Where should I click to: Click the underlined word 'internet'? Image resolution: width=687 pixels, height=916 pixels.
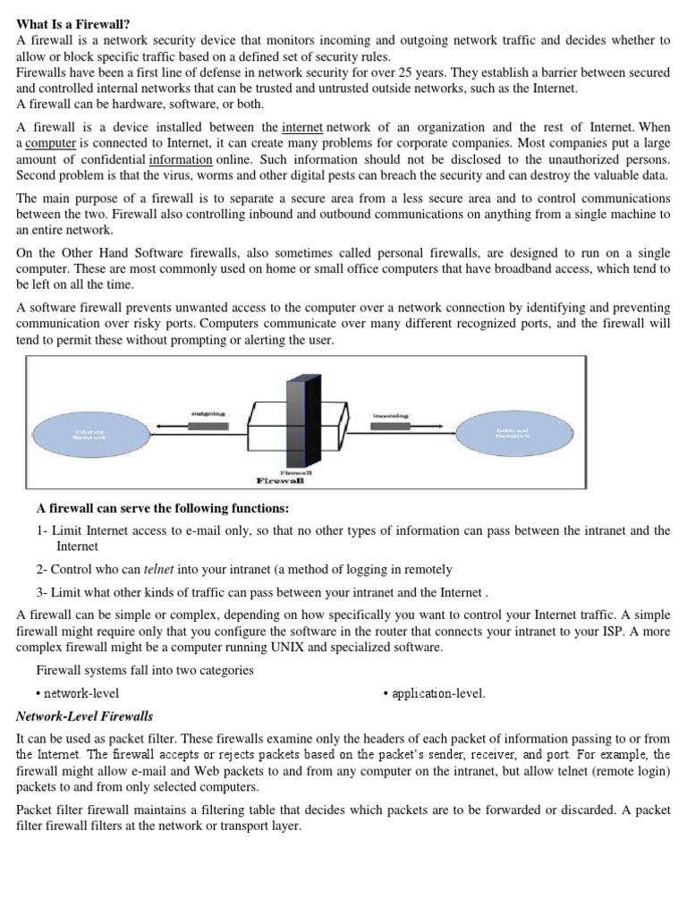click(302, 127)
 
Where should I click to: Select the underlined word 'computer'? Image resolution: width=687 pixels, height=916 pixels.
click(51, 143)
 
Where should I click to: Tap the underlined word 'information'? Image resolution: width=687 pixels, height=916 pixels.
click(181, 159)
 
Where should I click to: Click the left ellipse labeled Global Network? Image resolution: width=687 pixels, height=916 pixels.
click(89, 434)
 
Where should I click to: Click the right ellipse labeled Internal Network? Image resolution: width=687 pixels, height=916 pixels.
click(513, 433)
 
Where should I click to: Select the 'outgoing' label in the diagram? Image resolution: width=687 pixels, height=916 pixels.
click(208, 413)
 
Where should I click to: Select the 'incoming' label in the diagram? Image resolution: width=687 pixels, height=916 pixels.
click(391, 415)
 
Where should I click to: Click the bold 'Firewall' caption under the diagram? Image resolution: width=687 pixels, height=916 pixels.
click(280, 480)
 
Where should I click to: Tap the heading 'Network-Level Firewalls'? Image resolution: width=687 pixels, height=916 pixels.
click(85, 717)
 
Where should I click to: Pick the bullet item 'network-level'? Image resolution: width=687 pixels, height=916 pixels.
click(78, 693)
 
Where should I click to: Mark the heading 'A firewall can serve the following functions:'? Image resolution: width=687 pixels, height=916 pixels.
click(163, 509)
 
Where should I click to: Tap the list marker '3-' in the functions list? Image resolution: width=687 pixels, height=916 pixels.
click(41, 592)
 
